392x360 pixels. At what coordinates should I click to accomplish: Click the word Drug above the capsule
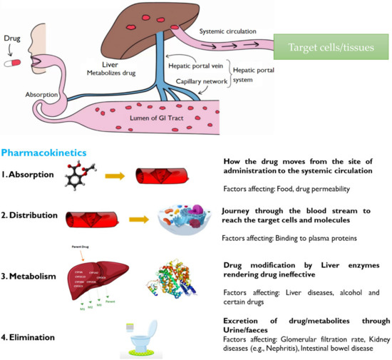14,33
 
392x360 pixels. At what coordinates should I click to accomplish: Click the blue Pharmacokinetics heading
43,152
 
